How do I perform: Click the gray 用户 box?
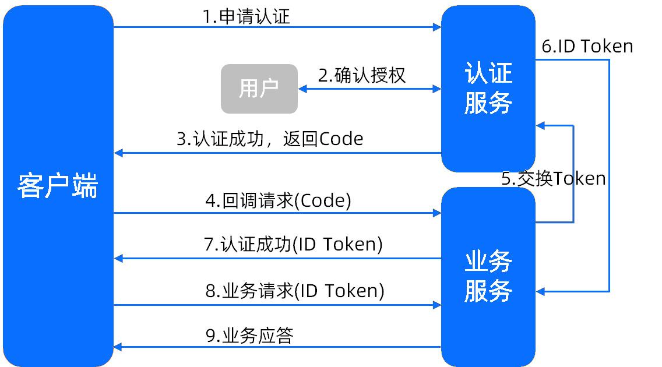pos(259,89)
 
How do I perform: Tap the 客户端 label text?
pos(58,186)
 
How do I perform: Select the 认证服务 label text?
pos(488,88)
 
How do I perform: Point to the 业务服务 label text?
pos(488,276)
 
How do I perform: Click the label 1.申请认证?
pos(247,17)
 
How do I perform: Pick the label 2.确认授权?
pos(362,76)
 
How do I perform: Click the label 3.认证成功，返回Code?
pos(270,139)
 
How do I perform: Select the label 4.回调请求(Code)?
pos(278,201)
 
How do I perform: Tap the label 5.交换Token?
pos(554,179)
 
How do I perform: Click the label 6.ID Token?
pos(587,47)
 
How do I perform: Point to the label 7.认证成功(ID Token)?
pos(294,245)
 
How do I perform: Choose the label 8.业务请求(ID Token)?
pos(295,291)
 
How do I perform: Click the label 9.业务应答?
pos(249,336)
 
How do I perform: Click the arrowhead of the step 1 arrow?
pos(438,27)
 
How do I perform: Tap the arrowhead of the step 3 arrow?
pos(118,153)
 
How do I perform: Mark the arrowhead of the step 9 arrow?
pos(118,347)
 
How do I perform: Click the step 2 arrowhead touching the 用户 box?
pos(302,89)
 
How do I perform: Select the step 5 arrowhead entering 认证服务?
pos(540,126)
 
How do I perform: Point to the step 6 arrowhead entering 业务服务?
pos(540,291)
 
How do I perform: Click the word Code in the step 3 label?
pos(341,139)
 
